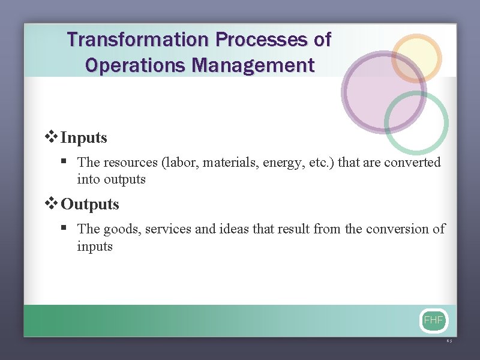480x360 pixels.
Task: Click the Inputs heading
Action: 84,137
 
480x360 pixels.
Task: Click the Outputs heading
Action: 90,204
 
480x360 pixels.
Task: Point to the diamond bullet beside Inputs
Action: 52,137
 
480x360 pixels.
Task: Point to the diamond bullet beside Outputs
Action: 52,203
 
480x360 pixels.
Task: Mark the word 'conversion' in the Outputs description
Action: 397,229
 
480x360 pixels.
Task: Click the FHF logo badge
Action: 433,320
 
